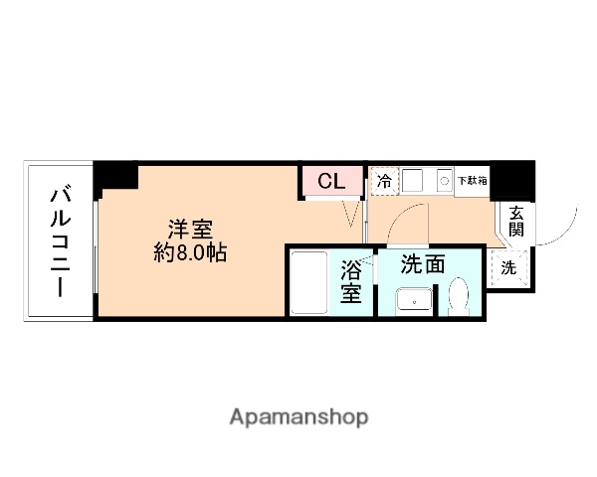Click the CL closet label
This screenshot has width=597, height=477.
pos(331,182)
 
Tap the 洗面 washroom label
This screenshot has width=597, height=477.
pos(423,264)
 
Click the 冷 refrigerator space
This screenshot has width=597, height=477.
pos(383,182)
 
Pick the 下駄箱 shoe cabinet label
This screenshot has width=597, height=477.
pos(472,182)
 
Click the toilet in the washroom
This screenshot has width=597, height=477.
pos(459,296)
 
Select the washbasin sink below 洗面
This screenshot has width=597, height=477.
pos(411,300)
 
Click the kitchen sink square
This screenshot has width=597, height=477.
pos(415,182)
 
